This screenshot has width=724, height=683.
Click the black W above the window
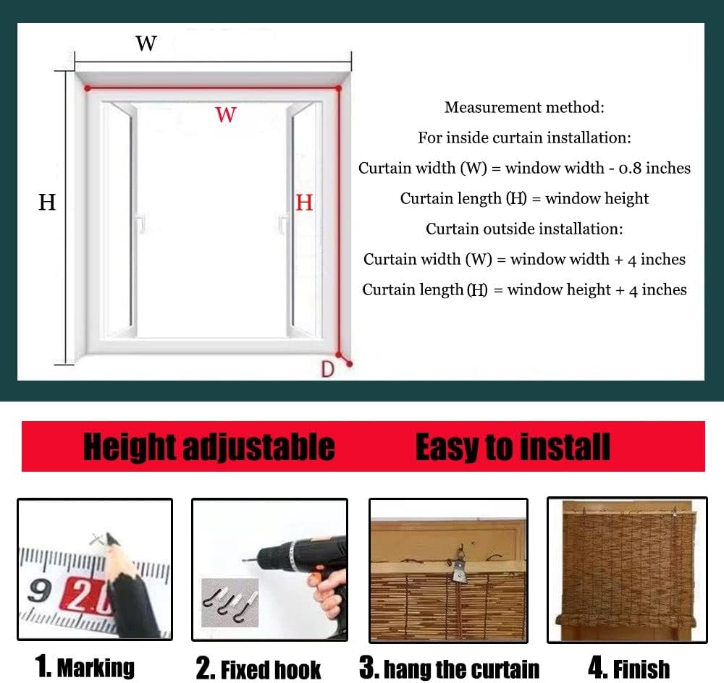coord(146,43)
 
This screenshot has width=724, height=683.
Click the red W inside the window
coord(226,114)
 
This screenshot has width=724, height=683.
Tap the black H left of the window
coord(47,203)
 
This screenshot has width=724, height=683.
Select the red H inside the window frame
coord(304,203)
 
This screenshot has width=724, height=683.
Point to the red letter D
coord(328,369)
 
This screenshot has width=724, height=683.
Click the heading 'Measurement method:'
coord(524,108)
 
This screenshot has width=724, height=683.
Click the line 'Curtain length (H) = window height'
coord(524,199)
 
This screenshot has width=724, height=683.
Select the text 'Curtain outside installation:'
coord(524,229)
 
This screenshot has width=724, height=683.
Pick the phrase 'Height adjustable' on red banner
coord(209,446)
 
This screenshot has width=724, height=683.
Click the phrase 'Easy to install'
coord(513,446)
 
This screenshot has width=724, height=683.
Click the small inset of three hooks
coord(229,602)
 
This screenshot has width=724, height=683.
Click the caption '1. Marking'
coord(85,666)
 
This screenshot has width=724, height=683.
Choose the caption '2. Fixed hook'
coord(258,669)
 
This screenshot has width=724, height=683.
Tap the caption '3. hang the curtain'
coord(450,669)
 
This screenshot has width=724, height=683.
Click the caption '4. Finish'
coord(628,668)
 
